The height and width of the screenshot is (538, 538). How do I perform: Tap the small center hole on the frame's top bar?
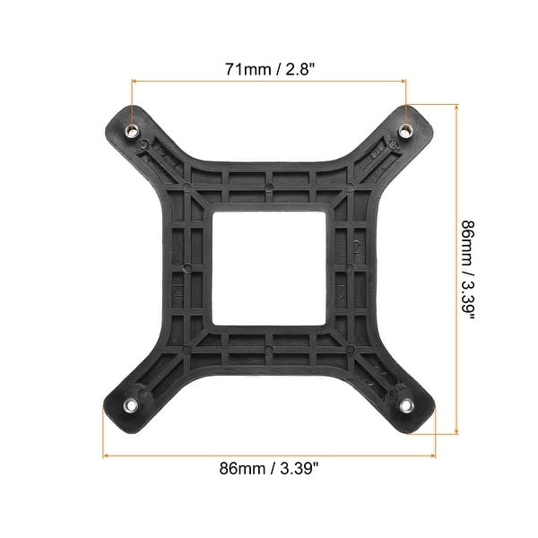point(269,189)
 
